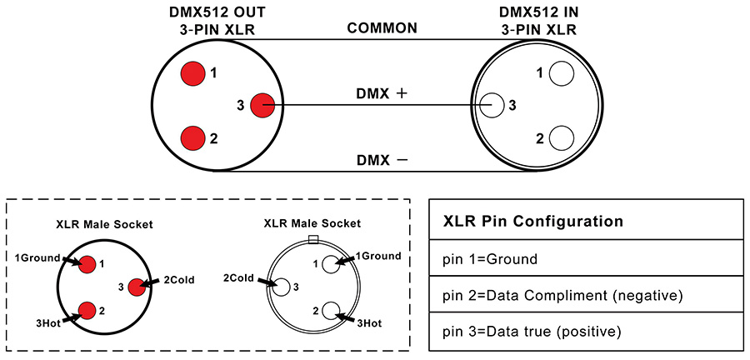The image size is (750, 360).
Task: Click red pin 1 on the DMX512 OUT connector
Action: click(192, 73)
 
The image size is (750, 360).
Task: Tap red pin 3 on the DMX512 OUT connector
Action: click(262, 105)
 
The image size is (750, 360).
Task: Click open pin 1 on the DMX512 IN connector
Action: click(562, 73)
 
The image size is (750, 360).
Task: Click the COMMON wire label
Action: click(382, 28)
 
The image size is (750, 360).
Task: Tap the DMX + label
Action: click(382, 94)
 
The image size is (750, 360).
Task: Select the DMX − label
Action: click(382, 159)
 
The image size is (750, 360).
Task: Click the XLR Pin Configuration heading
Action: click(533, 222)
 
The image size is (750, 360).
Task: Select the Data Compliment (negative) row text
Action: click(562, 296)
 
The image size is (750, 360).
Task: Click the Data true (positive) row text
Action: click(532, 332)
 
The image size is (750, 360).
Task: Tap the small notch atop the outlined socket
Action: click(312, 240)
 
